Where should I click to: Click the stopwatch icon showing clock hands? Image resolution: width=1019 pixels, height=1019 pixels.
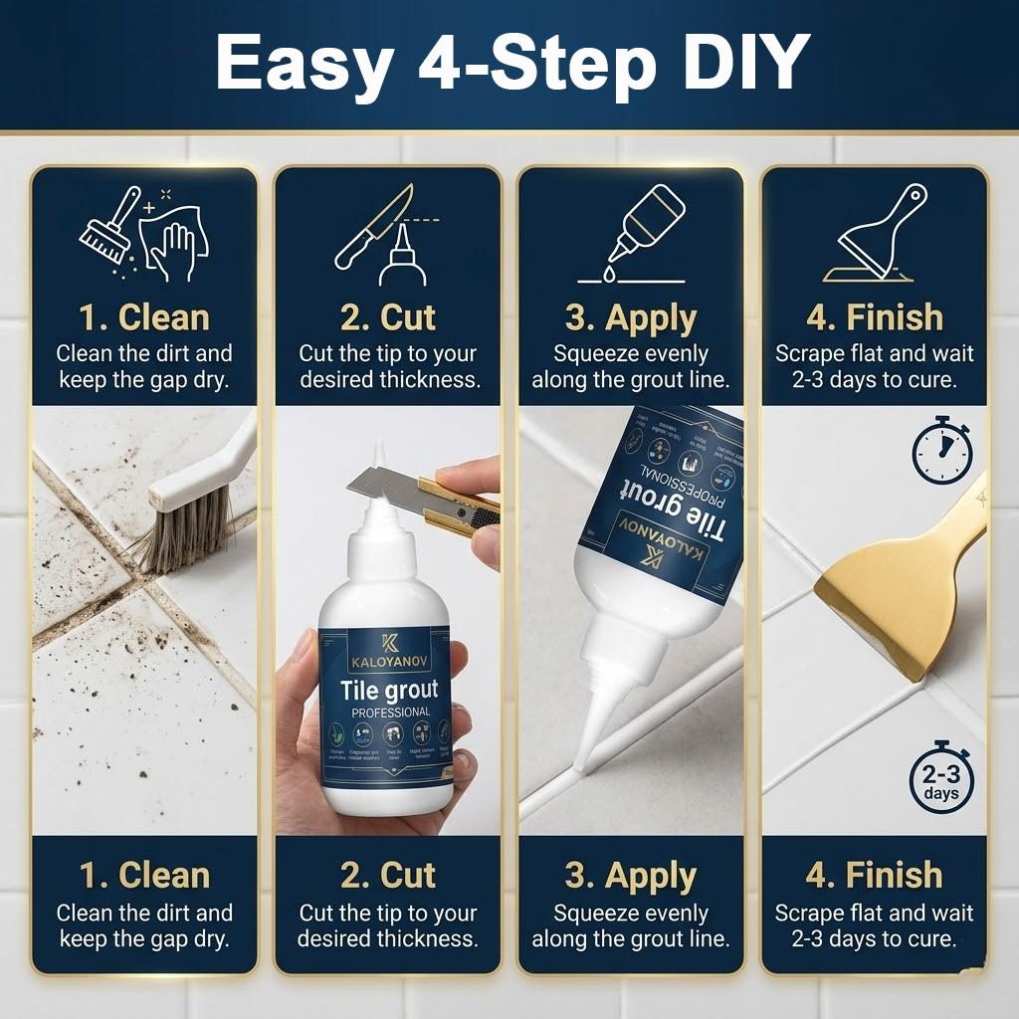pyautogui.click(x=940, y=454)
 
